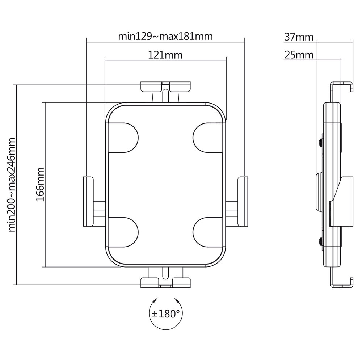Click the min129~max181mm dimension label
(x=165, y=37)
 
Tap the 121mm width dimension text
(x=165, y=55)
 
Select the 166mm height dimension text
(x=40, y=185)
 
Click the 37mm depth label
(x=299, y=37)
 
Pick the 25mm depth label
(x=299, y=55)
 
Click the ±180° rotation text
(x=165, y=314)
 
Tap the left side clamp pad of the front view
(x=88, y=201)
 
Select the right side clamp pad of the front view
(x=243, y=201)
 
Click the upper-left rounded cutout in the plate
(x=123, y=138)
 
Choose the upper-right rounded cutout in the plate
(x=208, y=138)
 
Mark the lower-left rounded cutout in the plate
(x=123, y=232)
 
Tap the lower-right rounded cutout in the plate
(x=208, y=232)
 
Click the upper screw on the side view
(x=320, y=142)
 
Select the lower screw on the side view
(x=320, y=242)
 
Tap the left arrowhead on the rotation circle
(x=156, y=300)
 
